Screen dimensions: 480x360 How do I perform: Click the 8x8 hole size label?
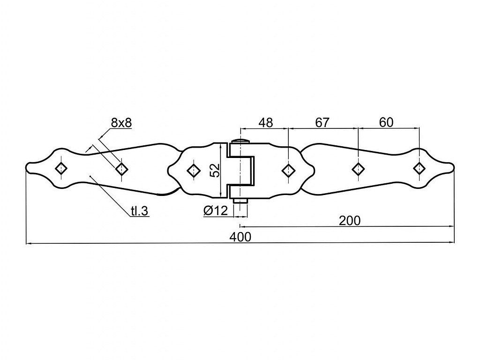(121, 123)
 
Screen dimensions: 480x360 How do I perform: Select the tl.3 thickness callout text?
(140, 211)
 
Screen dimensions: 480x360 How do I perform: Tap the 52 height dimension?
(215, 170)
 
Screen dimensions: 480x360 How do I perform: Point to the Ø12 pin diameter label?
(216, 210)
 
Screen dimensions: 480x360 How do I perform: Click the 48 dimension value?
(265, 123)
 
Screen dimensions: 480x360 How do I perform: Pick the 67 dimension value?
(322, 123)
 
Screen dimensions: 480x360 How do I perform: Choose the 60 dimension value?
(386, 122)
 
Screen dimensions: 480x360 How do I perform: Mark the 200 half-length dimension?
(350, 220)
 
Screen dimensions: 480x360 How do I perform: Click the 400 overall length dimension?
(240, 237)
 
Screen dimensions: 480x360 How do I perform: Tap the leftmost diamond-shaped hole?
(61, 168)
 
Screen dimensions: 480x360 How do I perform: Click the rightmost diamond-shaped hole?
(419, 168)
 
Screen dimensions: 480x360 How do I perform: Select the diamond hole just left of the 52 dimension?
(193, 170)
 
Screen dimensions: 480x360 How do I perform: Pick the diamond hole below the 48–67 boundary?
(288, 170)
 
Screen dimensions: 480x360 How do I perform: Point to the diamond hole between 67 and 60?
(358, 168)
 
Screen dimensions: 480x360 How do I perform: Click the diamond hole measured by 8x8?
(121, 168)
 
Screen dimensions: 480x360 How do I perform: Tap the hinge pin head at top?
(240, 142)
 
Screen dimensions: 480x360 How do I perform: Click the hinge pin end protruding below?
(240, 200)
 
